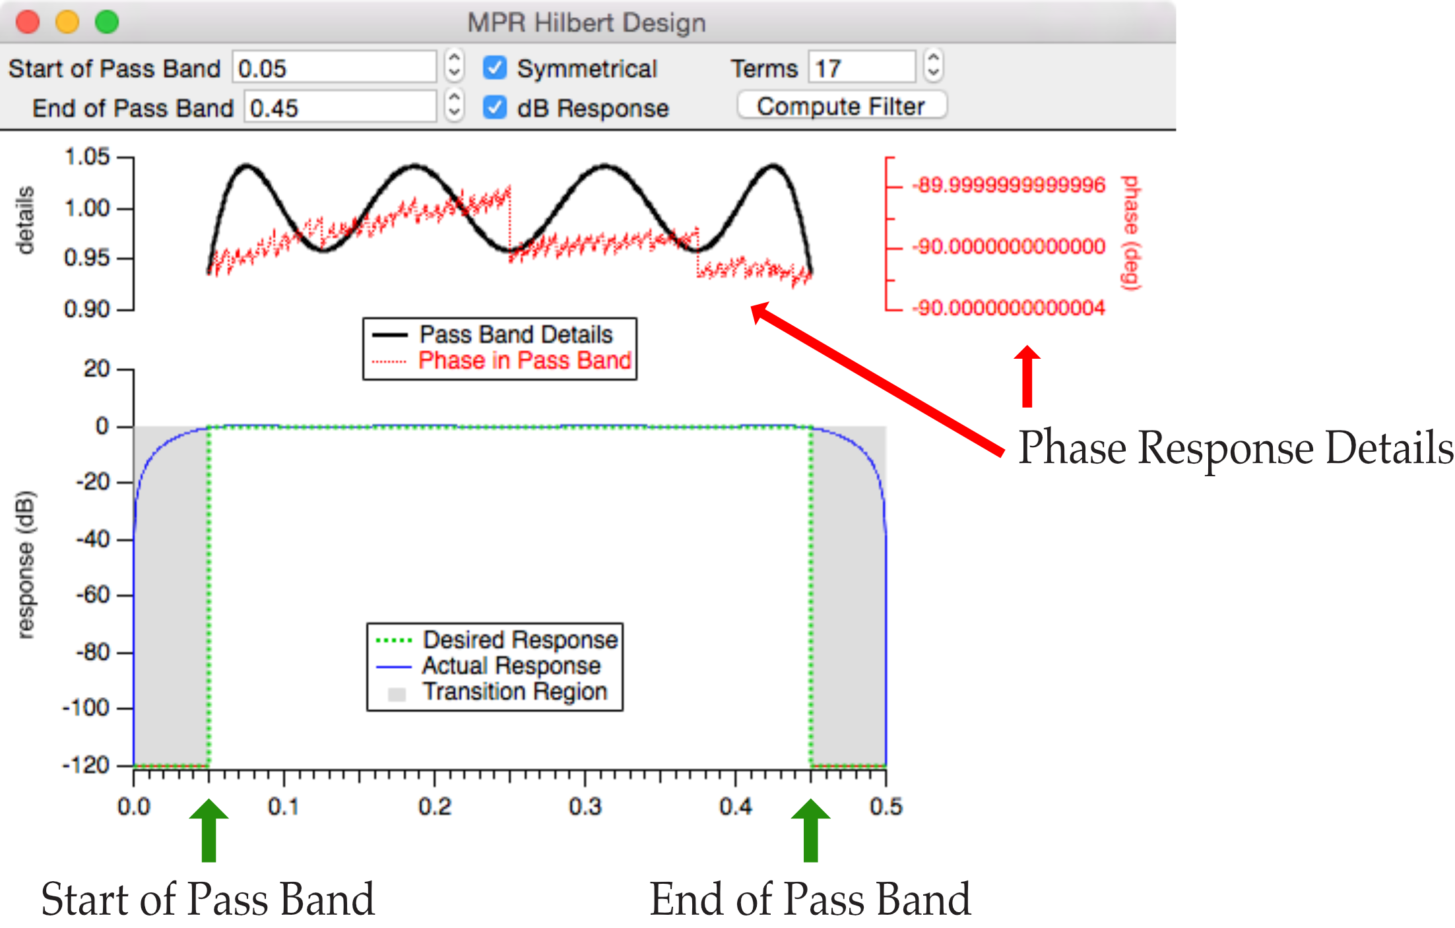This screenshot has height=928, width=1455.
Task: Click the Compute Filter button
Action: [842, 106]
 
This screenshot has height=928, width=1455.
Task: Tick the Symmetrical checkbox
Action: [495, 68]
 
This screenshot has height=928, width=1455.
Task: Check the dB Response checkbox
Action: [495, 108]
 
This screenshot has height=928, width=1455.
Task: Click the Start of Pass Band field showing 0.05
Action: [334, 67]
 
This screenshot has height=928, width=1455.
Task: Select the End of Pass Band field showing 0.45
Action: [340, 107]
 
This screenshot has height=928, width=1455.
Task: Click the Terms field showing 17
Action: [862, 67]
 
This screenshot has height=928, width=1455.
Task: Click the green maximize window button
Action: [107, 22]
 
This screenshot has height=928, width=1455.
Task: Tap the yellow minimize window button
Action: [67, 22]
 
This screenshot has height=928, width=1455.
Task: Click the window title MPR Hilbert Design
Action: [587, 23]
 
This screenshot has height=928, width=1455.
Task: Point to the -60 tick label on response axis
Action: [92, 595]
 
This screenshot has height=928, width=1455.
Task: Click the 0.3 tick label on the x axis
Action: [585, 807]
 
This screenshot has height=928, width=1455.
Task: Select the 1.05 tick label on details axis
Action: [87, 157]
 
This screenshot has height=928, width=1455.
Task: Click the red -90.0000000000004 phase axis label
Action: [1008, 308]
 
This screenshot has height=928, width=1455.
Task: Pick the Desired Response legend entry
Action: [496, 640]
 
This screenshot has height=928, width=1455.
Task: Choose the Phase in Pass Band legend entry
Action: [501, 361]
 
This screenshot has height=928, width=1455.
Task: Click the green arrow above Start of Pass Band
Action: [209, 831]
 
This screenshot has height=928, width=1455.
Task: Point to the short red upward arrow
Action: [1027, 376]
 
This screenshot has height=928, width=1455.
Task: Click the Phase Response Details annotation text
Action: [1236, 448]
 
